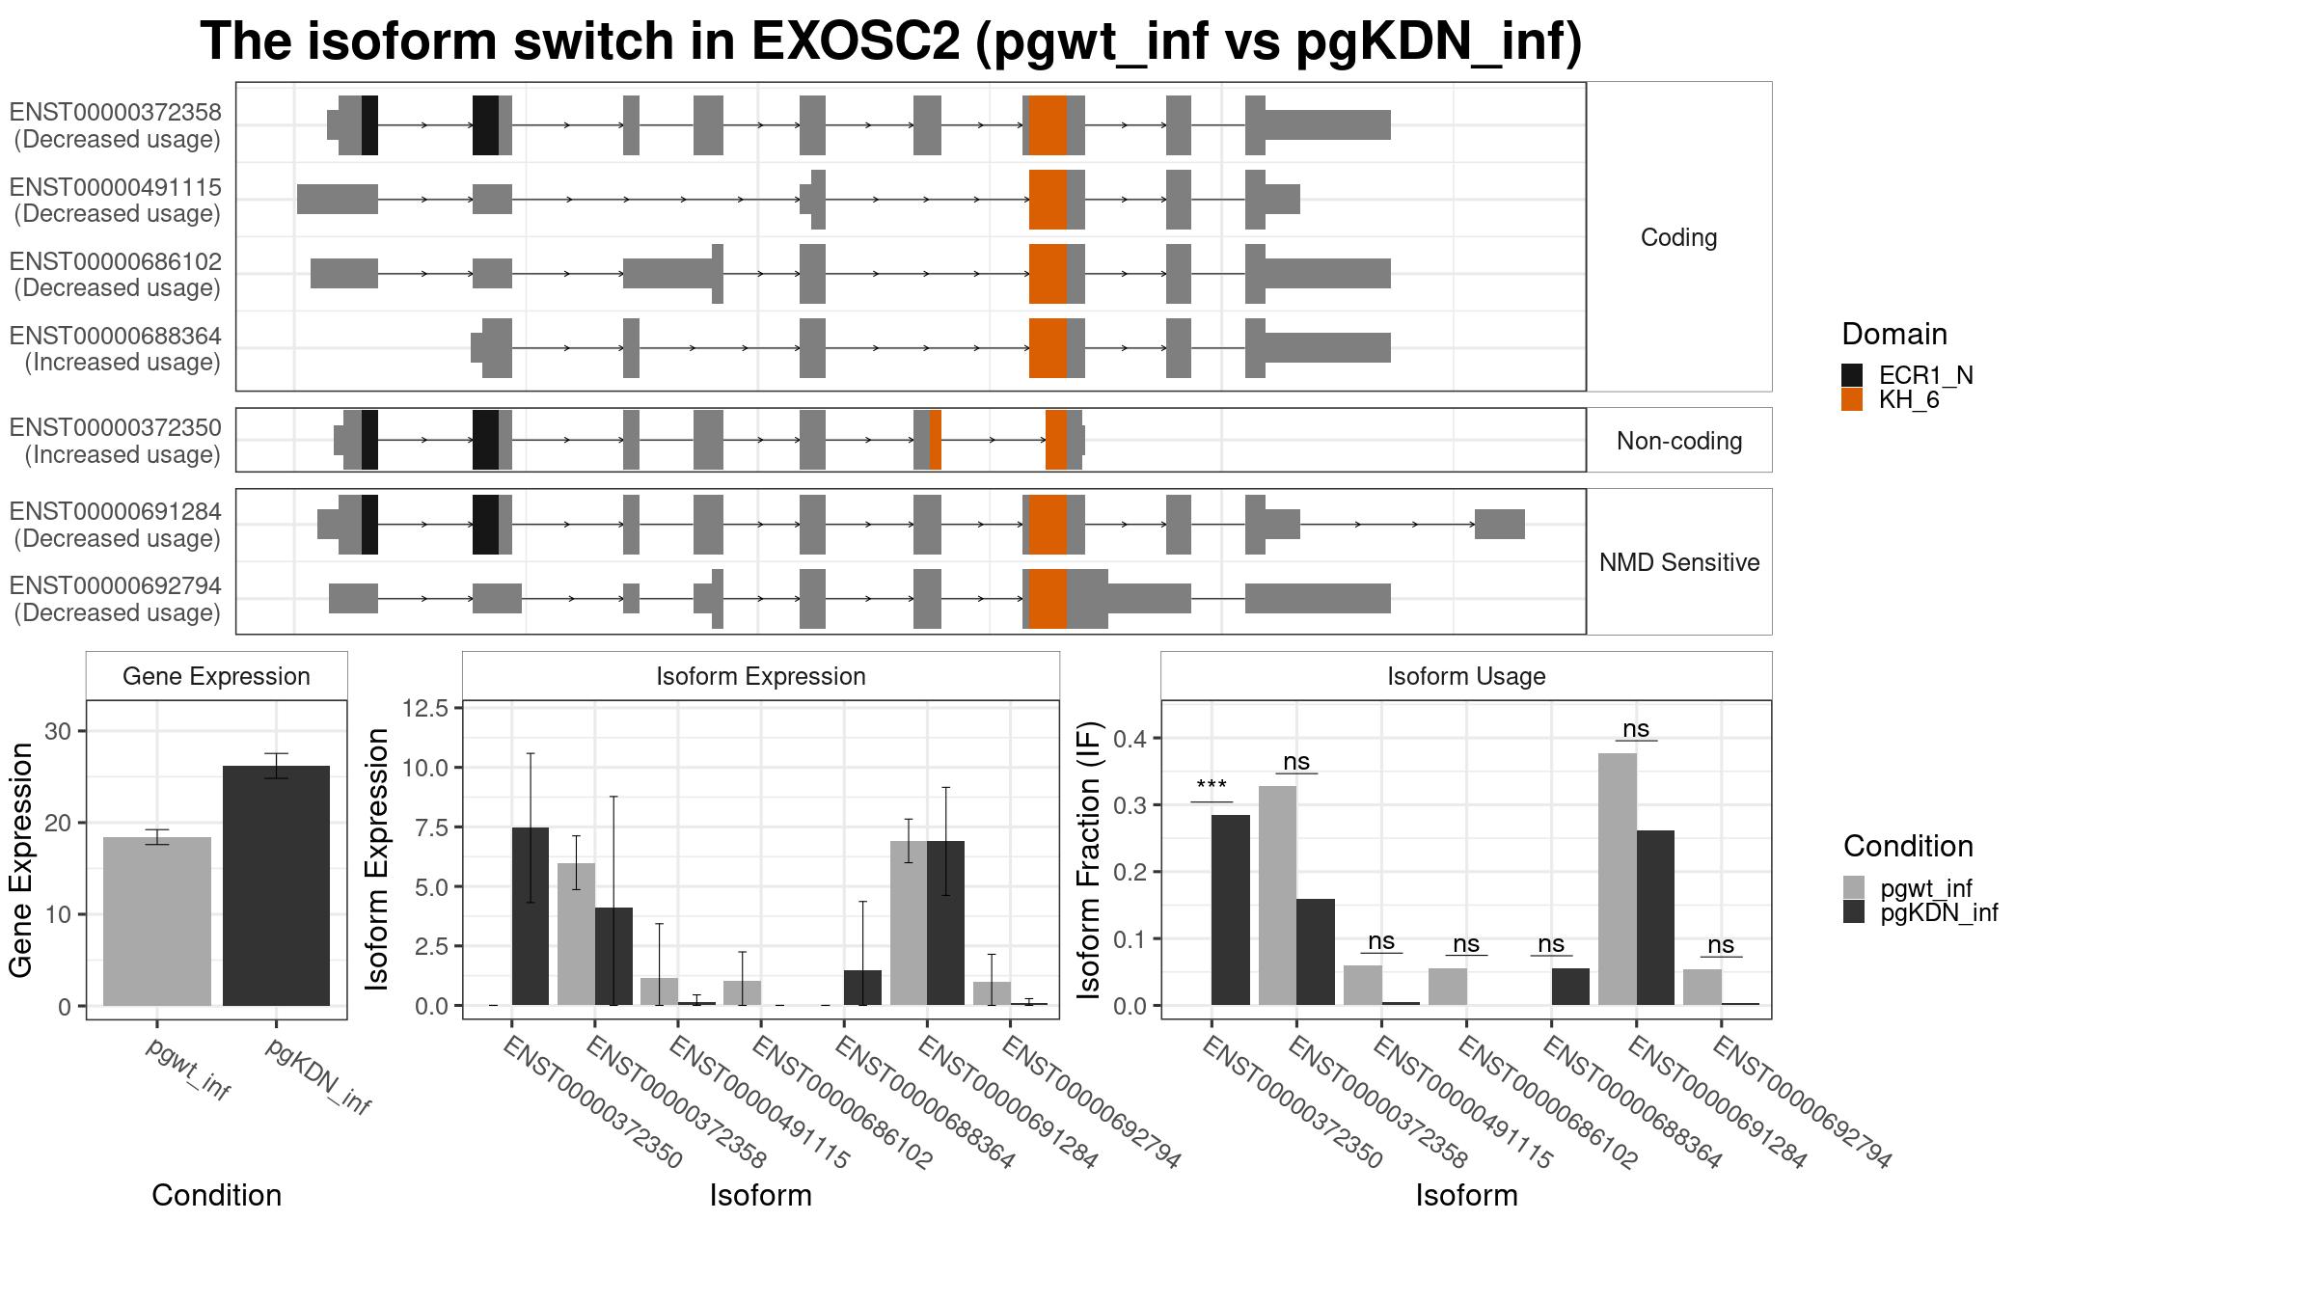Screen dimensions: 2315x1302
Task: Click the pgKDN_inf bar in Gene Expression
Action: coord(276,885)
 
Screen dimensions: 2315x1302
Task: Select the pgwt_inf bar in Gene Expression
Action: coord(157,921)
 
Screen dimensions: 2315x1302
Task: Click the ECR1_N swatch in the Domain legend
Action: coord(1852,375)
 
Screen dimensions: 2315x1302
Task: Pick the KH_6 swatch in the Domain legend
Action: coord(1852,399)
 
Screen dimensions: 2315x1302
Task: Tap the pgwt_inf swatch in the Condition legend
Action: coord(1854,887)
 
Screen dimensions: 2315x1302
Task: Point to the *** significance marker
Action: coord(1212,786)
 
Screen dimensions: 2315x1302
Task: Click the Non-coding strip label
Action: coord(1679,441)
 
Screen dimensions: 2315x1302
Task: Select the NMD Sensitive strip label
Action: coord(1679,562)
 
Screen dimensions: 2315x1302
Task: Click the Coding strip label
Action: coord(1679,237)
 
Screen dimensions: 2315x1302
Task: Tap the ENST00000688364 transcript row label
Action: coord(116,349)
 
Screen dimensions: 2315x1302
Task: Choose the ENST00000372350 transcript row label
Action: coord(116,441)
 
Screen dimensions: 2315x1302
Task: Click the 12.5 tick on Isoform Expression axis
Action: coord(425,709)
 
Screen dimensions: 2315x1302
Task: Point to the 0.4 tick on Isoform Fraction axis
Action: coord(1132,739)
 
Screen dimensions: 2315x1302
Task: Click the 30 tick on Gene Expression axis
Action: coord(58,731)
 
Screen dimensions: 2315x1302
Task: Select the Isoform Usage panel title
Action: coord(1466,676)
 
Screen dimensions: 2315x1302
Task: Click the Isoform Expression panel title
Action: coord(761,676)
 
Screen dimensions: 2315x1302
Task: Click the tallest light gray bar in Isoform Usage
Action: coord(1618,880)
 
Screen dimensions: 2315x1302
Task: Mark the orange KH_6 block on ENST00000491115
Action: coord(1048,200)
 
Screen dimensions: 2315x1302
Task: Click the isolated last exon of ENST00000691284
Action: coord(1500,525)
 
